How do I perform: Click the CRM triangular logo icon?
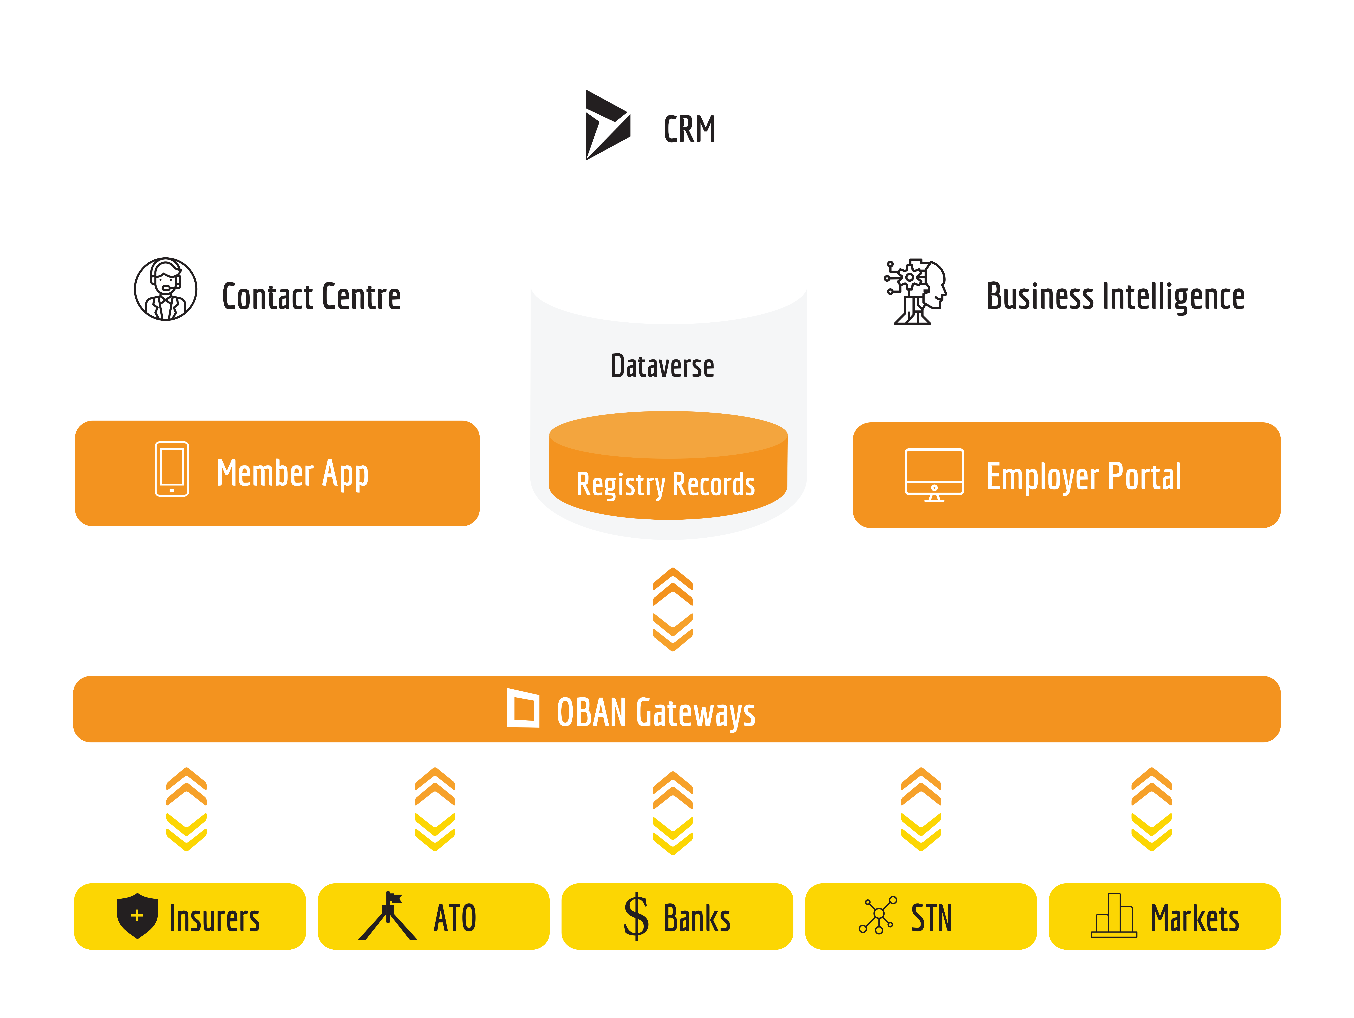pos(606,125)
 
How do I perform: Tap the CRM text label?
pos(689,129)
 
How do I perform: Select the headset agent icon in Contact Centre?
pos(165,289)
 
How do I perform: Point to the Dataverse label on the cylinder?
pos(662,366)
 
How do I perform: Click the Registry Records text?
pos(666,484)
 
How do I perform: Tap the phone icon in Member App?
pos(172,469)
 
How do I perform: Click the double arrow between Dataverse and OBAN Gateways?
pos(673,609)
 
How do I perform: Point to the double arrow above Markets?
pos(1151,809)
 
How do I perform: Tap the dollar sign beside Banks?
pos(636,916)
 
